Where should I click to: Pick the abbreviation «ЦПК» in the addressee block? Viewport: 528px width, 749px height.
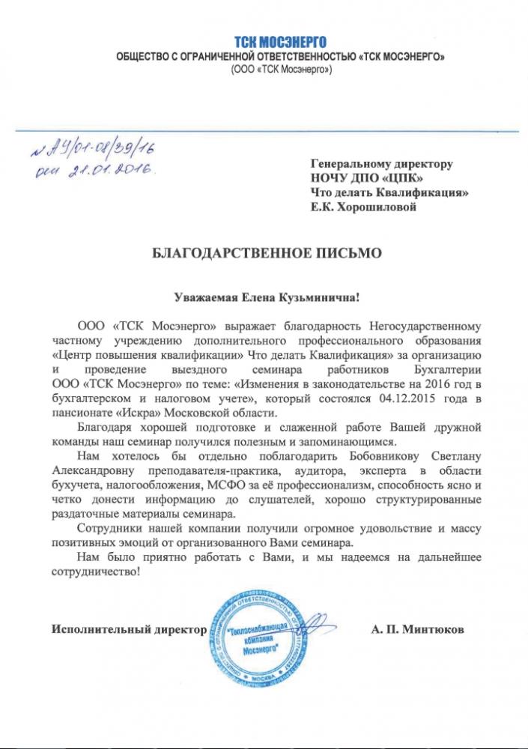404,178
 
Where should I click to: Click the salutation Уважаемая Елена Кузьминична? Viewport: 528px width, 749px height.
266,297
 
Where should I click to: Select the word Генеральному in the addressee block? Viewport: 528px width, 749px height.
349,163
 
